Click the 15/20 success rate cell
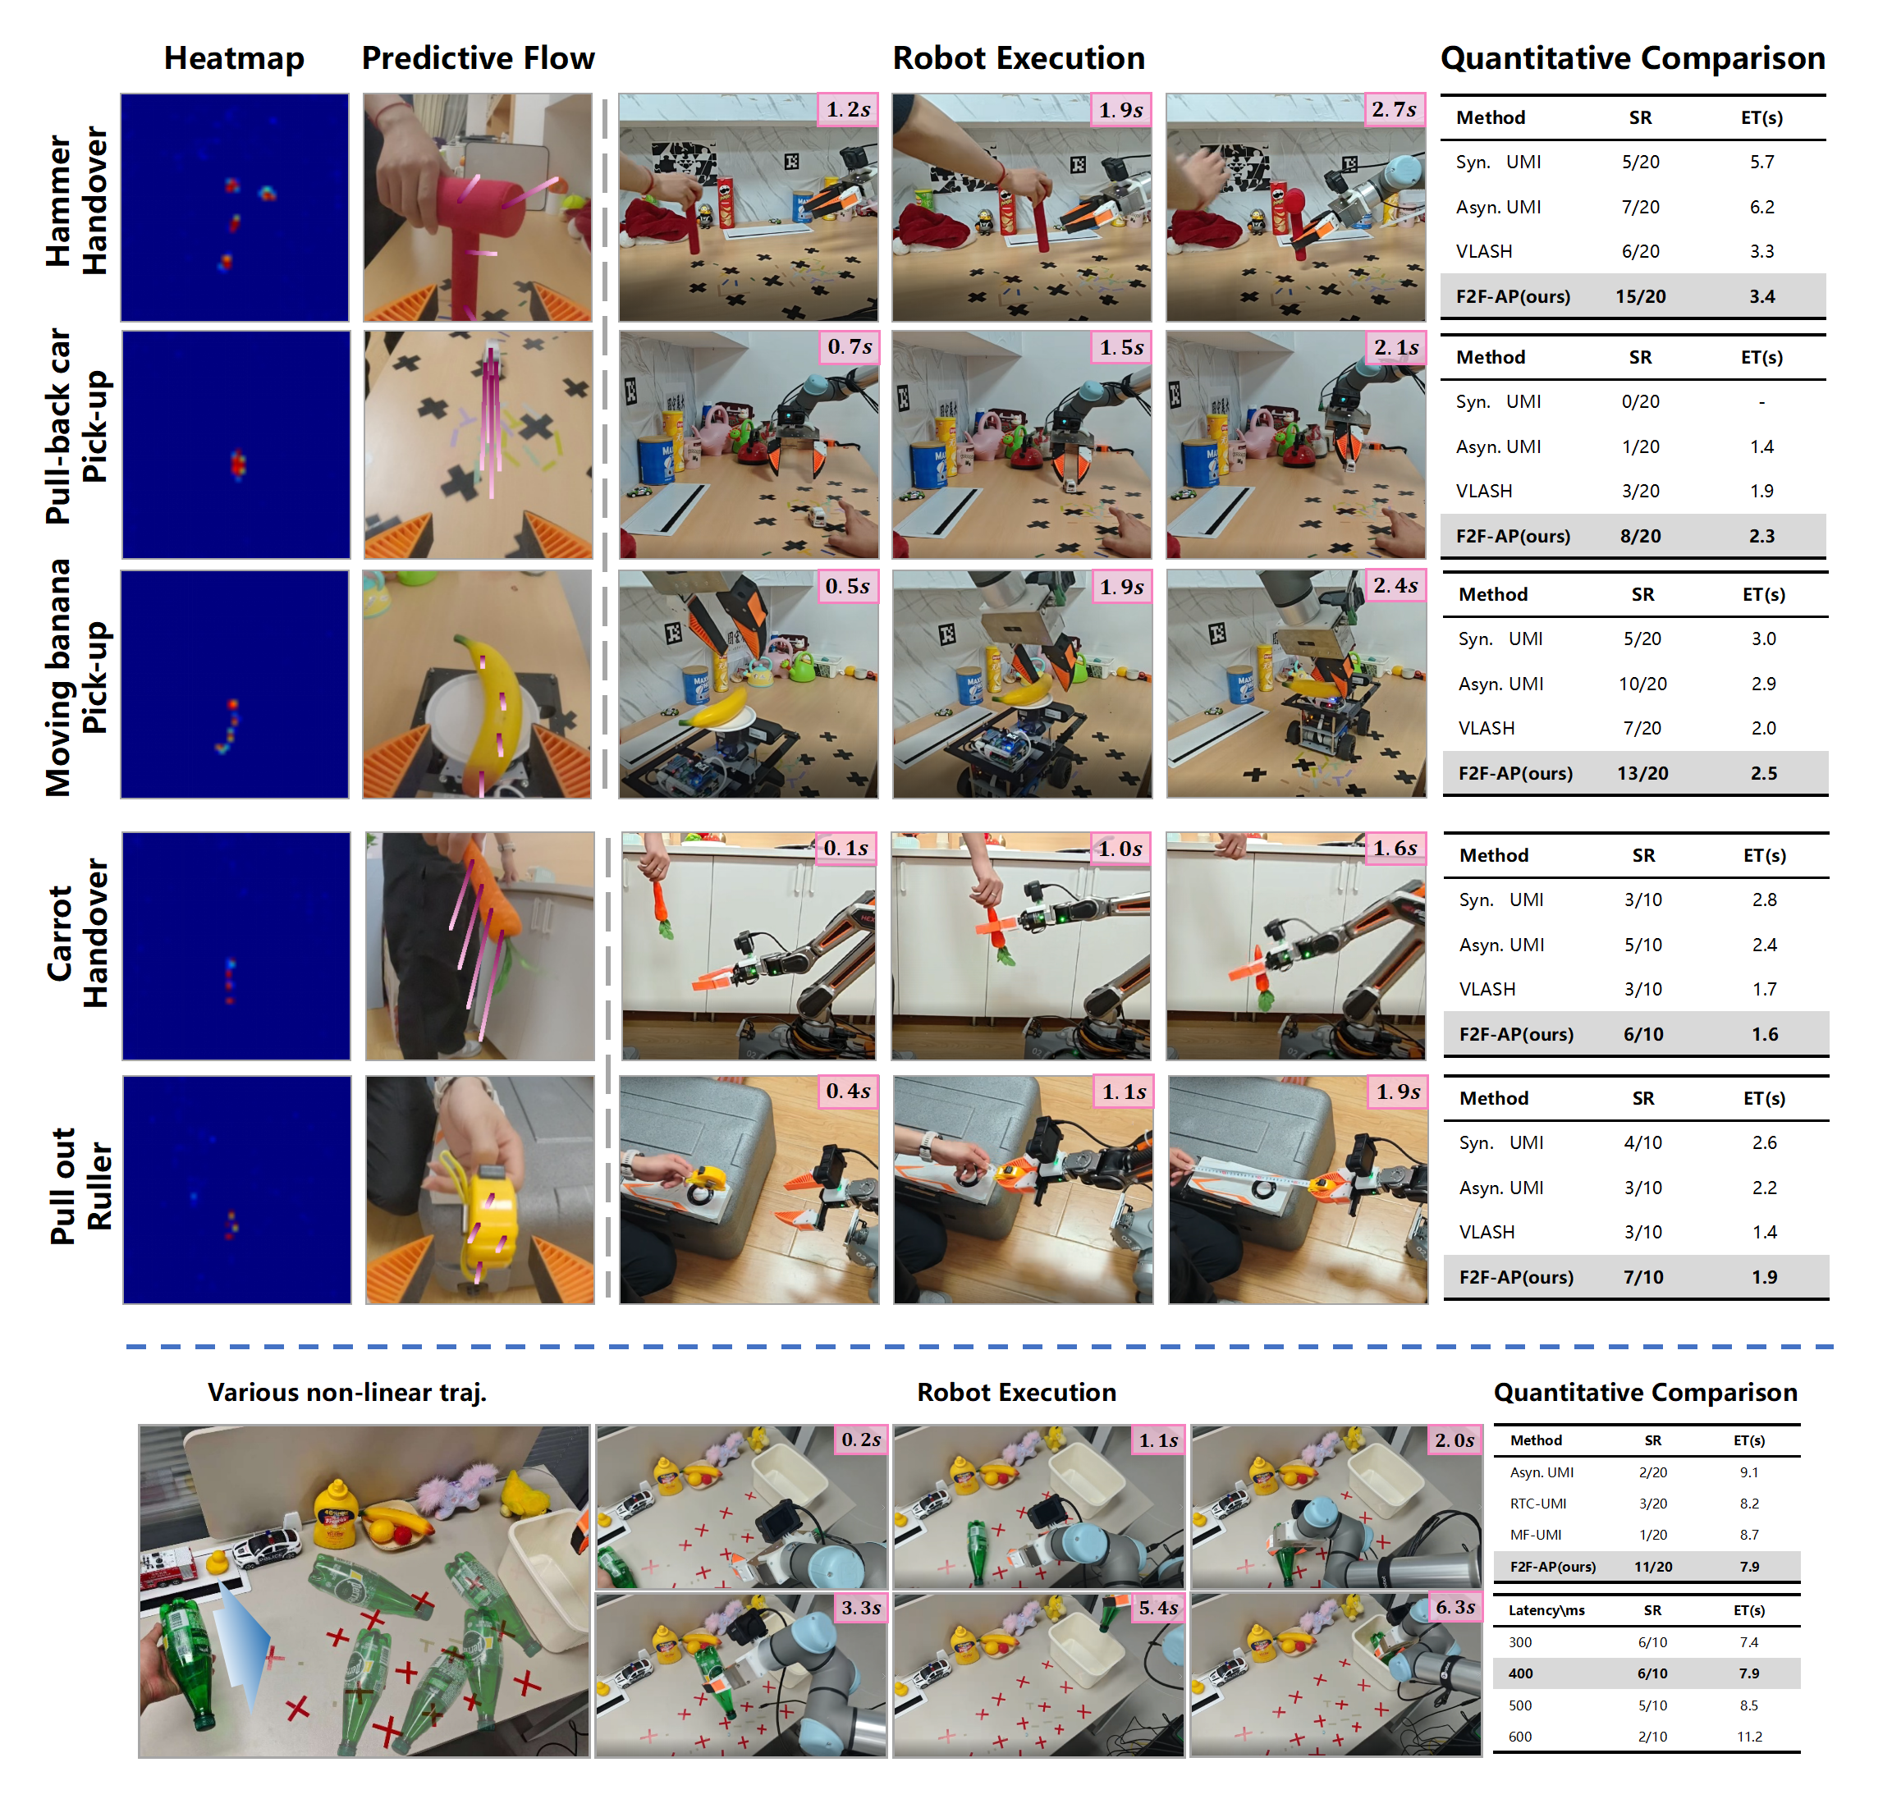[1640, 296]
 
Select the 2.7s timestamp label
[1393, 109]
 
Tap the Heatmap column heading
[234, 58]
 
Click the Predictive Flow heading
[478, 58]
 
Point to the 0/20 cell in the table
[1640, 402]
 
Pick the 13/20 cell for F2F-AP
[1642, 773]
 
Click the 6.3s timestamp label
[1455, 1606]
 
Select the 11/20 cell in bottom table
[1652, 1566]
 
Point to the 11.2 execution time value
[1748, 1736]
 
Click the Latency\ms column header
[1546, 1610]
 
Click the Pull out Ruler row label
[80, 1186]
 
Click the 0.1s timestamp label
[845, 848]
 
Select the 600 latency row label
[1520, 1736]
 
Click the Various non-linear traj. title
[347, 1393]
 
